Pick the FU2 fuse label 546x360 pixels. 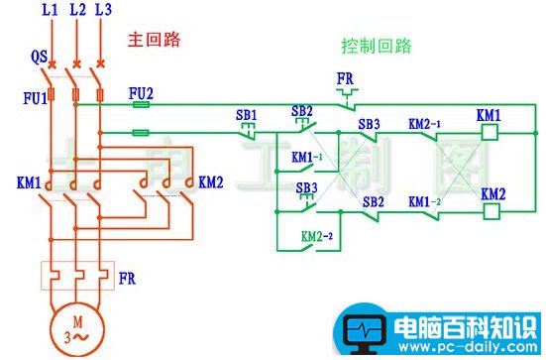pos(142,90)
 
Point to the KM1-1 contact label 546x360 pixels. pos(306,158)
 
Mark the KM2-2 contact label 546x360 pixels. pos(317,236)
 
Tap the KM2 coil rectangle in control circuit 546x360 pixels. pos(492,209)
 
